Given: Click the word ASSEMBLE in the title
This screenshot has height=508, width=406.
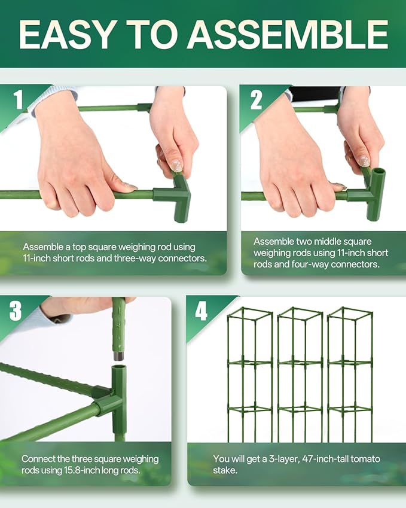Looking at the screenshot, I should tap(287, 34).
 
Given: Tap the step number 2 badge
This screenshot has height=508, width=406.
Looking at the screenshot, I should tap(255, 99).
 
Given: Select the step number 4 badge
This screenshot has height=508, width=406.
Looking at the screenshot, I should tap(202, 311).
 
